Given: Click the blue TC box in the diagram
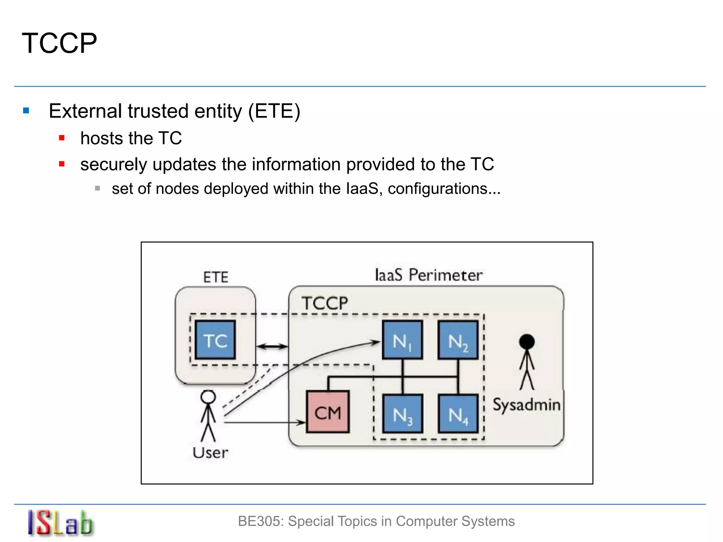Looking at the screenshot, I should [x=215, y=340].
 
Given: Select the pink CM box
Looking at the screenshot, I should [x=328, y=412].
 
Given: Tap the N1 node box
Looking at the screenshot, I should [x=402, y=340].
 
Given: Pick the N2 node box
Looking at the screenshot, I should [x=458, y=340].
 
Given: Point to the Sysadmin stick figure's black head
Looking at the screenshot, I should [x=527, y=342].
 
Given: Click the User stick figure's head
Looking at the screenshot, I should [x=208, y=397].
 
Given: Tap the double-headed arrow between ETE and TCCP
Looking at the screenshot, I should [x=272, y=347].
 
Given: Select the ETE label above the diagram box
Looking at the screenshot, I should [x=216, y=277].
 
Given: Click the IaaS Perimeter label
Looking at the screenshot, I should [x=428, y=275].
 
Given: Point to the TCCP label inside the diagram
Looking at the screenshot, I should [x=325, y=303].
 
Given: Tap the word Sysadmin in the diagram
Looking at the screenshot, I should [x=526, y=405].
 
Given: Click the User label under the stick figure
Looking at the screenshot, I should [x=210, y=453].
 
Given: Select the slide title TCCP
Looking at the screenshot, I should [x=59, y=43].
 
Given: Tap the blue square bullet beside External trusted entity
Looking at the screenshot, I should [x=26, y=111].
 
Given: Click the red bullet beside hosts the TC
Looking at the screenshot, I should [x=62, y=138].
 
